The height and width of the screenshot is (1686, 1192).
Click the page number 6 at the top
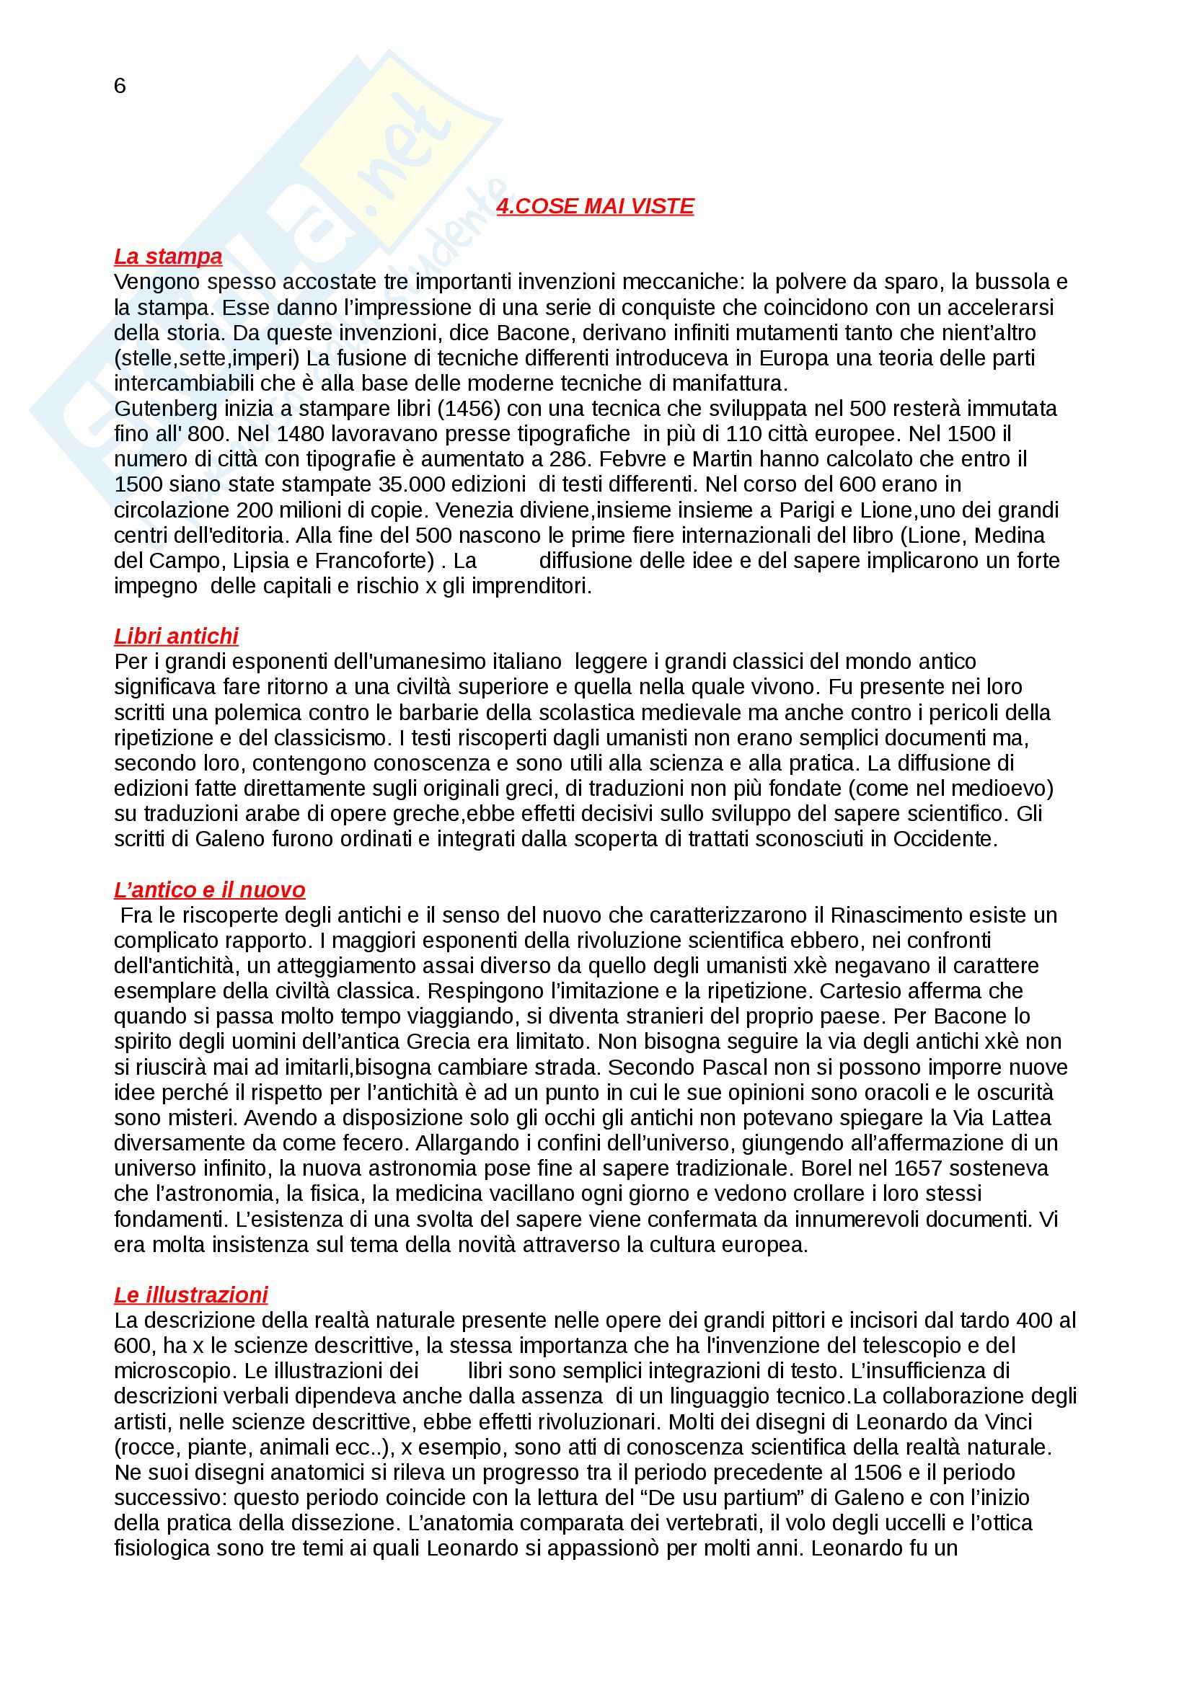pos(120,86)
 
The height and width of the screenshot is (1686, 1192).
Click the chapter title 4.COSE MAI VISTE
pos(595,206)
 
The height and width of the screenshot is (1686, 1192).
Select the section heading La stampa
pos(168,257)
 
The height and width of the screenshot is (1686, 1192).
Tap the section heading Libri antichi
pos(176,636)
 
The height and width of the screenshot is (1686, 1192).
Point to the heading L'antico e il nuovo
pos(209,890)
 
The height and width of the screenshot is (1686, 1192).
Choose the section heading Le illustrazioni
pos(191,1295)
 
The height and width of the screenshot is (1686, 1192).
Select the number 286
pos(570,459)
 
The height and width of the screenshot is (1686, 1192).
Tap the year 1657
pos(908,1168)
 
